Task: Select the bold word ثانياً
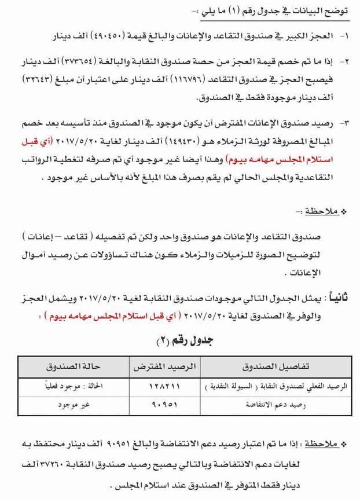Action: pyautogui.click(x=337, y=297)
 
